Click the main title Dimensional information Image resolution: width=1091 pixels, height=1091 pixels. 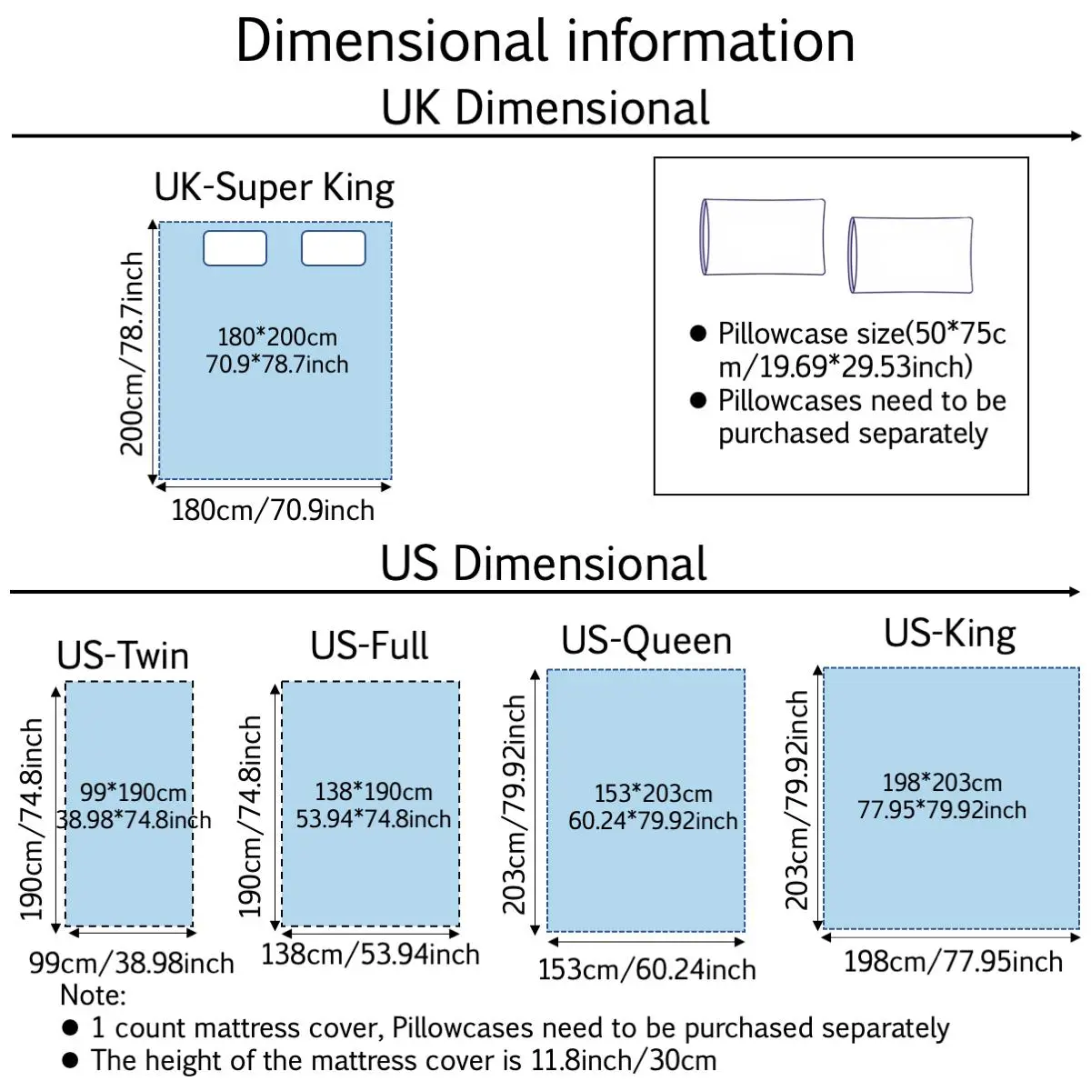(545, 41)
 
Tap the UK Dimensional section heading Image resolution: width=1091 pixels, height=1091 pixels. (545, 108)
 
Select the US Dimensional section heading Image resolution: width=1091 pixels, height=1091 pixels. (544, 564)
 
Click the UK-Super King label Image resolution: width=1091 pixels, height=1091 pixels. (274, 188)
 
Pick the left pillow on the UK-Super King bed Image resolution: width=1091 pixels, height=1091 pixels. (235, 248)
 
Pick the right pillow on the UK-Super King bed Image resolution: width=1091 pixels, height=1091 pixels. (333, 248)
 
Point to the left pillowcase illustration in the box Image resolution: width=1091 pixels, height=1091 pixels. (763, 237)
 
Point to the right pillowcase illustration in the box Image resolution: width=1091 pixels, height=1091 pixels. (911, 255)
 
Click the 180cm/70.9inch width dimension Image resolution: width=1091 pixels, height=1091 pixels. (273, 510)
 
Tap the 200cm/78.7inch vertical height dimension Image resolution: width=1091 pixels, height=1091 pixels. (133, 353)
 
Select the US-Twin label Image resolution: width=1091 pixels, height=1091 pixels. (123, 656)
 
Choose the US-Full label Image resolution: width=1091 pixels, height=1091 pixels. (369, 646)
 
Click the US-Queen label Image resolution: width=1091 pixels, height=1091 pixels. (646, 641)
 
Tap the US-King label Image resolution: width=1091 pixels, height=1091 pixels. (950, 634)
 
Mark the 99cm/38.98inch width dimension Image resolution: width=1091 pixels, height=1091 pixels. (132, 963)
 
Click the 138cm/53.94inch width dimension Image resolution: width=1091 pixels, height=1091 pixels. (370, 955)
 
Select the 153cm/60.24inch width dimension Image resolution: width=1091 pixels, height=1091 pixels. (646, 970)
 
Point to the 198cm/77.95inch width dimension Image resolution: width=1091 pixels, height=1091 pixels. (953, 962)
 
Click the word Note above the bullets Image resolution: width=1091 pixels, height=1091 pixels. (93, 996)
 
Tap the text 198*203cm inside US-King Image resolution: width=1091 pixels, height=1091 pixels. (942, 783)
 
